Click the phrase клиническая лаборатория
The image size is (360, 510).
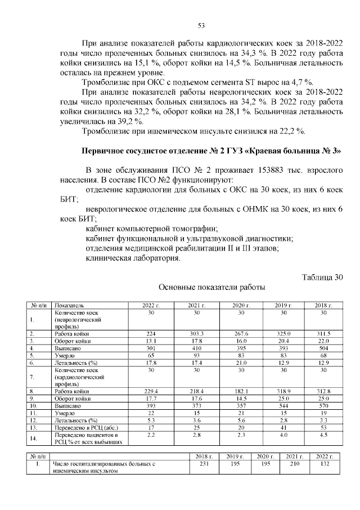(x=133, y=258)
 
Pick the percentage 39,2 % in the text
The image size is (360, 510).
(x=129, y=122)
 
